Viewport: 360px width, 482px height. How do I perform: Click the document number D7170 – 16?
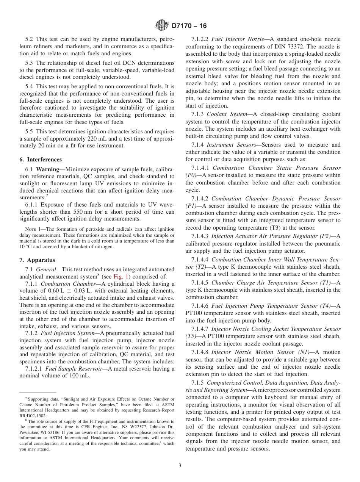pyautogui.click(x=189, y=26)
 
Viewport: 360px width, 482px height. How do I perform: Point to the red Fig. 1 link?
pyautogui.click(x=122, y=277)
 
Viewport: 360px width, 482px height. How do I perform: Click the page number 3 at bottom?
pyautogui.click(x=180, y=465)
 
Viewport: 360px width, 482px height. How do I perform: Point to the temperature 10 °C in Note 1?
pyautogui.click(x=27, y=247)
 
